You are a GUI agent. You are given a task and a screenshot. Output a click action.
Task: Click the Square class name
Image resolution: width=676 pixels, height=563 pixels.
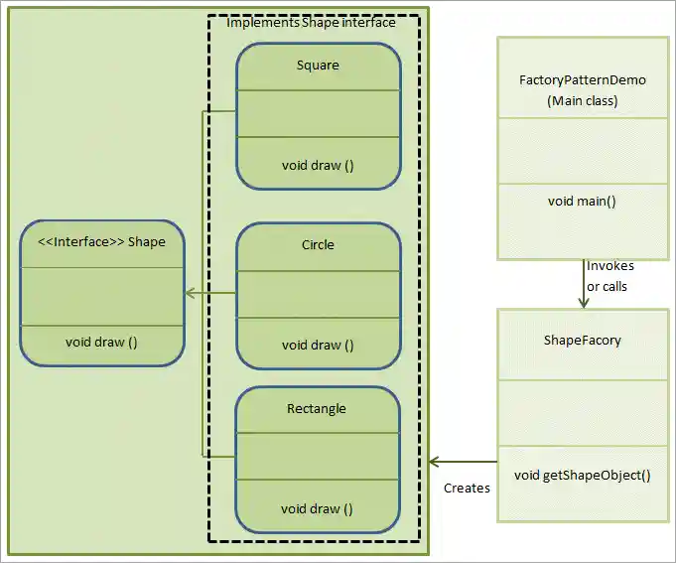pyautogui.click(x=318, y=66)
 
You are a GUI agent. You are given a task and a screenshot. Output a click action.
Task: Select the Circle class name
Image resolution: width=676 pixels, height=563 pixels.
pyautogui.click(x=318, y=244)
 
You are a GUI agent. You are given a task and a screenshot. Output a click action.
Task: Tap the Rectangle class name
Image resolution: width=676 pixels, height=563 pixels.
pyautogui.click(x=317, y=408)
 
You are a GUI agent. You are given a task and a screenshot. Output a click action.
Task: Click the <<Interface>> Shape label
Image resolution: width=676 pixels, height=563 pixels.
pyautogui.click(x=101, y=240)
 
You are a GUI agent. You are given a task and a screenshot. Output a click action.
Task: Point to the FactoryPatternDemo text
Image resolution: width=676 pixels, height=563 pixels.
pyautogui.click(x=583, y=79)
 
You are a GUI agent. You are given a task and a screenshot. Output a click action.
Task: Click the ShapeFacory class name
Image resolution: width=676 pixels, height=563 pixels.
pyautogui.click(x=583, y=340)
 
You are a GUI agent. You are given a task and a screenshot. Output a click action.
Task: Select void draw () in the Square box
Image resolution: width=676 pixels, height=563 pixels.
pyautogui.click(x=318, y=165)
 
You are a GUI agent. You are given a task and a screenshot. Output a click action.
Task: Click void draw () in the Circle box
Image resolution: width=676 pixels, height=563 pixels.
pyautogui.click(x=318, y=345)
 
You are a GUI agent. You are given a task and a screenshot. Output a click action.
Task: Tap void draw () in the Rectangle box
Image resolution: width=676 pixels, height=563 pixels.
pyautogui.click(x=317, y=508)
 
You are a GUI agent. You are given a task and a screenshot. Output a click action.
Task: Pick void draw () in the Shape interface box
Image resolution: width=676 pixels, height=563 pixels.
pyautogui.click(x=101, y=342)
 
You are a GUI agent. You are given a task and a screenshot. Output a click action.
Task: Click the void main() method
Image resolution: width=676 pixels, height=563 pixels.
pyautogui.click(x=582, y=201)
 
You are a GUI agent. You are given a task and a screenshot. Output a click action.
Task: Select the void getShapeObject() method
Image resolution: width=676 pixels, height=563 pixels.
pyautogui.click(x=583, y=474)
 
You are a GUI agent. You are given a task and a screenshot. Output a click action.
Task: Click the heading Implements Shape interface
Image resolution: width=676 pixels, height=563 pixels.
pyautogui.click(x=312, y=23)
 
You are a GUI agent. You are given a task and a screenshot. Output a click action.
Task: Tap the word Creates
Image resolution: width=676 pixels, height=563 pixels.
pyautogui.click(x=467, y=488)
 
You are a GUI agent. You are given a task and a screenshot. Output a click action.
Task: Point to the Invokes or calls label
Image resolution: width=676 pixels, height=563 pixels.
pyautogui.click(x=609, y=276)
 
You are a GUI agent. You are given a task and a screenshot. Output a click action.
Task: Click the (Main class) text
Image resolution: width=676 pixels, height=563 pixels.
pyautogui.click(x=583, y=100)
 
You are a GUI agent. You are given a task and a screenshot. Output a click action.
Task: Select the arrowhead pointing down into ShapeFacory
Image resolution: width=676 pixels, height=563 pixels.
pyautogui.click(x=583, y=302)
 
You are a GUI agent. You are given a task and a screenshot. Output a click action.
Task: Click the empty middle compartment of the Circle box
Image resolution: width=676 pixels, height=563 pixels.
pyautogui.click(x=318, y=295)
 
